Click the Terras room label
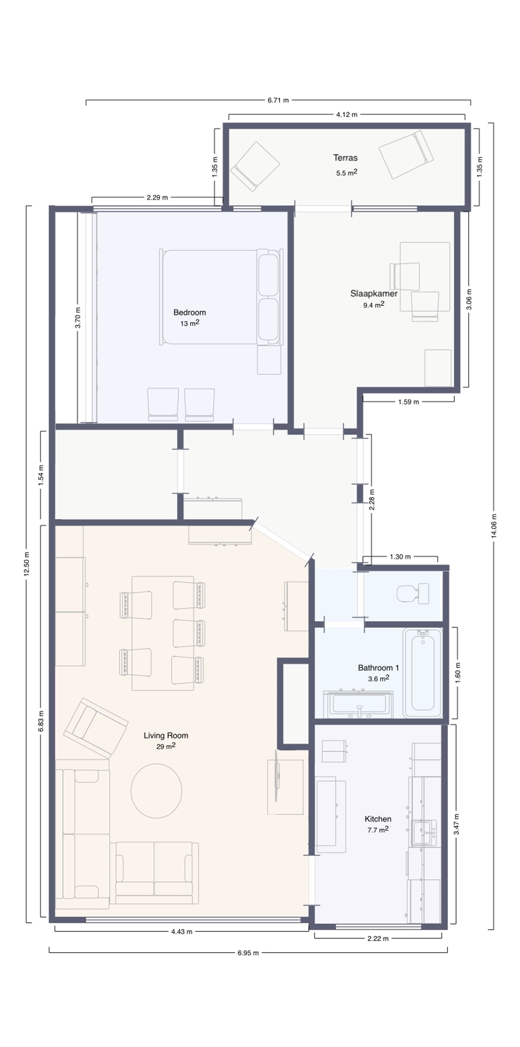(345, 158)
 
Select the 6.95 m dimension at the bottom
(248, 953)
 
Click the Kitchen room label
(378, 819)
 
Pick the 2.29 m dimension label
(157, 198)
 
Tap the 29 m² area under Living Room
(166, 746)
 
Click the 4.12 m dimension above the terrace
(347, 115)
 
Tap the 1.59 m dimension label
(408, 402)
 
